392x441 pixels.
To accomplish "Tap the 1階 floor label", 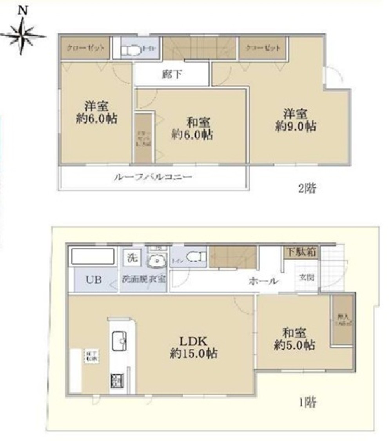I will [308, 402].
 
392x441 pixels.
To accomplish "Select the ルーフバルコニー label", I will [153, 177].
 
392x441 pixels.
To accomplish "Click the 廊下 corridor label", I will [172, 75].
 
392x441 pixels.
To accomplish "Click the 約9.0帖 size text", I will [296, 126].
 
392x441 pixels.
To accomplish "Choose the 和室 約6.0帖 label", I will [192, 129].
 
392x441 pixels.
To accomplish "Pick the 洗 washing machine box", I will [131, 259].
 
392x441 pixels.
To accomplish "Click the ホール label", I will [263, 281].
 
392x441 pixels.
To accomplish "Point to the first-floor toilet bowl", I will [192, 257].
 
